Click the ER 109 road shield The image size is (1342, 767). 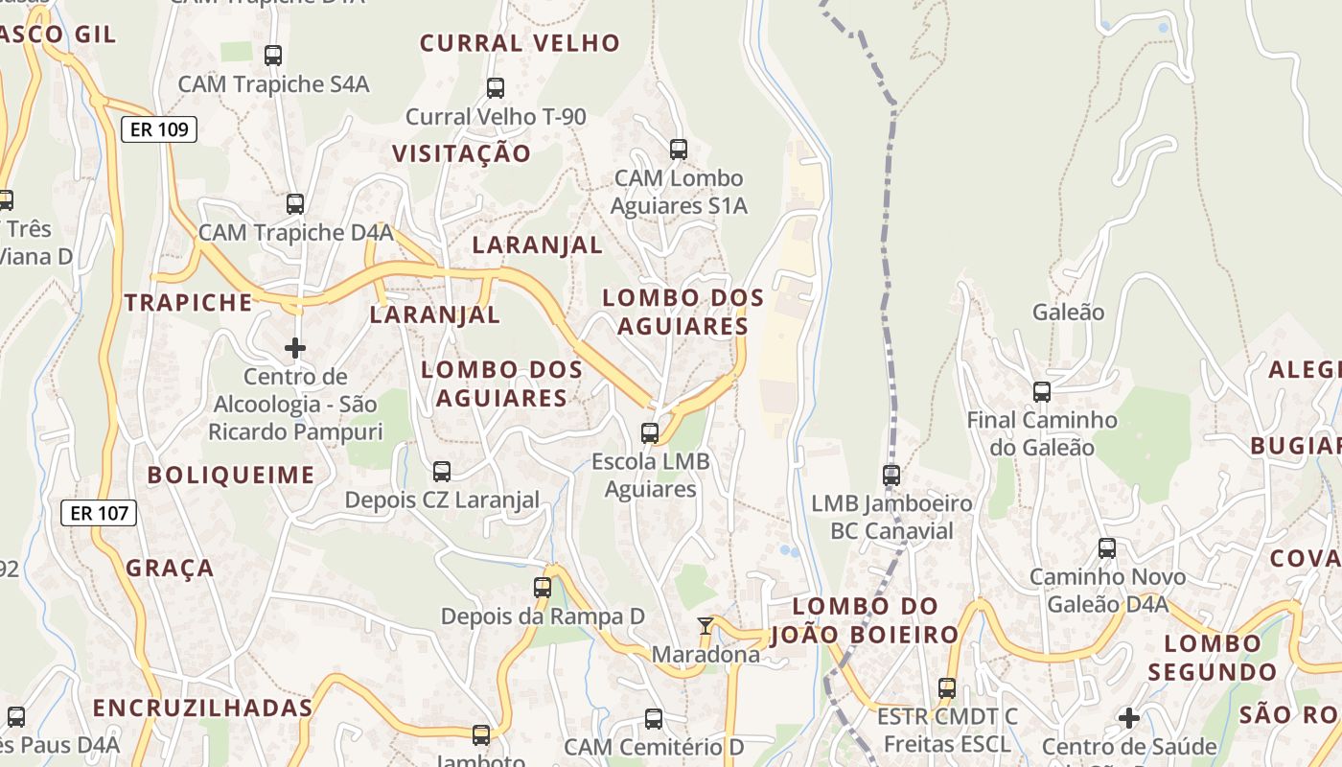159,129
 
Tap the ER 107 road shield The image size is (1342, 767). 100,513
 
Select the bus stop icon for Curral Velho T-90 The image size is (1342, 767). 496,88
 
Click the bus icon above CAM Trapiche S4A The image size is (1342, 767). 273,56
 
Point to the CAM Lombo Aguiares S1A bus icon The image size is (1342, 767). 679,150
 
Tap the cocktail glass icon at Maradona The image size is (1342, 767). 706,626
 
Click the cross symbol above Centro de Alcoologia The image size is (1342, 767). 295,347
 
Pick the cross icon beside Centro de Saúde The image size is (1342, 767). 1129,717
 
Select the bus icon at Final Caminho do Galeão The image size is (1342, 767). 1042,392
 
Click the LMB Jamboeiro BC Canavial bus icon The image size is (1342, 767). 891,475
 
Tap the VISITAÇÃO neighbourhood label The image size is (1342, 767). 461,153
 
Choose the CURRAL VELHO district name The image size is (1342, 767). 520,43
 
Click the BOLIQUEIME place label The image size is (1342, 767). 231,475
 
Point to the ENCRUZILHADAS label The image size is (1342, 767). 203,709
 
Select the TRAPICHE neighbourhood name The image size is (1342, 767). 189,303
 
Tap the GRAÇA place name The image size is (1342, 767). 171,568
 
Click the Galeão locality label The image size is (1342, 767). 1068,312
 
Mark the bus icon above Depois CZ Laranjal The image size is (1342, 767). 442,472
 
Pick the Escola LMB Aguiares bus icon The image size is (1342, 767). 650,433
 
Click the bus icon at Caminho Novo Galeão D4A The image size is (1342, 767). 1107,548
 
